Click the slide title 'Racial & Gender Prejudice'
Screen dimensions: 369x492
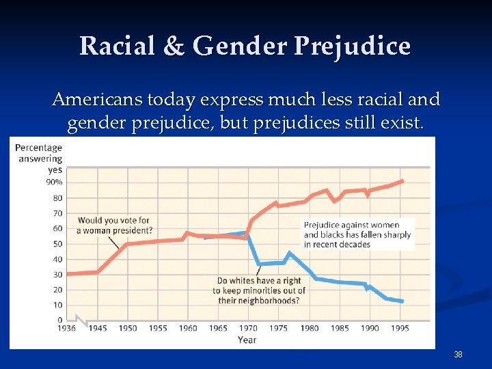click(245, 46)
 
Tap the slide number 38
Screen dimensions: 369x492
click(458, 355)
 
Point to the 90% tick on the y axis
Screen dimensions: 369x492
click(55, 182)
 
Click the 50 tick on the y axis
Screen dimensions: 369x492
click(57, 244)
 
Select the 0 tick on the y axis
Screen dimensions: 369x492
click(59, 320)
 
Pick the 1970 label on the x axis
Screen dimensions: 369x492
click(248, 329)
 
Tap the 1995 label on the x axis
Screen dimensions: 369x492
click(400, 329)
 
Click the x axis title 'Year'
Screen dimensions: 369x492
click(247, 340)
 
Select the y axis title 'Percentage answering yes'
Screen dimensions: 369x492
click(39, 159)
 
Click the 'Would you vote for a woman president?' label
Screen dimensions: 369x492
click(114, 225)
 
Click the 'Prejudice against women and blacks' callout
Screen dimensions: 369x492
click(357, 234)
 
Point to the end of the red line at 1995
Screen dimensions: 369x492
click(403, 180)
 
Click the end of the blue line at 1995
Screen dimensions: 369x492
click(402, 301)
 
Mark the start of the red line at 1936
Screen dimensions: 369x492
click(68, 274)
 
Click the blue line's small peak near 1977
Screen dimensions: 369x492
click(290, 253)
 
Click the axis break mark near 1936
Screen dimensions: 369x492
click(81, 320)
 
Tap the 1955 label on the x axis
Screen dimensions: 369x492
click(158, 329)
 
